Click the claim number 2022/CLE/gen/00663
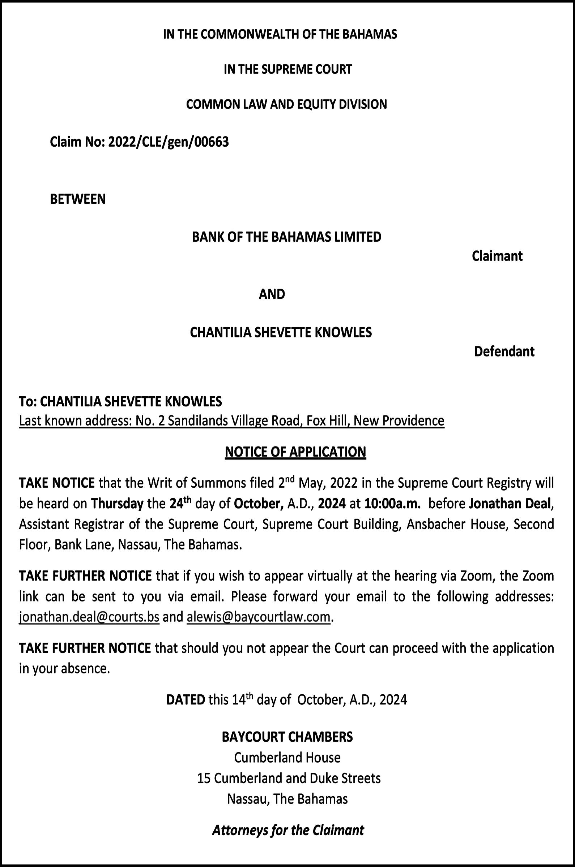(168, 142)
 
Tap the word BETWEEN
(78, 199)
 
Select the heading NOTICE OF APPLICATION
(295, 452)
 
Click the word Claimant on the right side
(497, 256)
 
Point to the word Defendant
(504, 351)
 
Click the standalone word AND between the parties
(272, 294)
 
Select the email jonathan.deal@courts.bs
(89, 617)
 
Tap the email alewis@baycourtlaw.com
(259, 617)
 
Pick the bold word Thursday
(117, 504)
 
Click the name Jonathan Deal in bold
(510, 504)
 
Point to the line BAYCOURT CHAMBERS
(287, 737)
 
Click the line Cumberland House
(287, 757)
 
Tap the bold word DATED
(185, 700)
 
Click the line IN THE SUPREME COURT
(288, 69)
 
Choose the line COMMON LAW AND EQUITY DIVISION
(286, 104)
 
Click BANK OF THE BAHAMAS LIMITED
(286, 237)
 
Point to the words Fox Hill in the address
(324, 421)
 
